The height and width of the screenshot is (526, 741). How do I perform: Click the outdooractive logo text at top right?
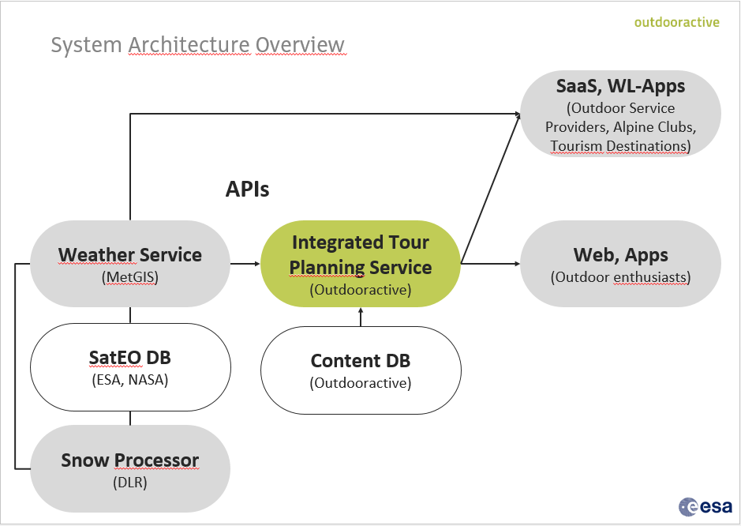[677, 22]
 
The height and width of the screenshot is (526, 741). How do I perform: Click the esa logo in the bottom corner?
[705, 506]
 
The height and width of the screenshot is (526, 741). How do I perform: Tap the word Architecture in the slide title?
[189, 45]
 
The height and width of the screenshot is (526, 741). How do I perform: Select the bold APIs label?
[247, 190]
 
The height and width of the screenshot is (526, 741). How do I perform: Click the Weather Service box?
[130, 264]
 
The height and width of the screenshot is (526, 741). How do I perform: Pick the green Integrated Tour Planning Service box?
[361, 264]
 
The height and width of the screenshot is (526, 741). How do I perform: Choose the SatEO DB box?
[130, 367]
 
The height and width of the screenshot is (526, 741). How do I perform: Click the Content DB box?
[361, 370]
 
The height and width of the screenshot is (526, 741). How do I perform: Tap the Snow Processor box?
[130, 469]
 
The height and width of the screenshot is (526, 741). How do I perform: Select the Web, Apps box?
[620, 264]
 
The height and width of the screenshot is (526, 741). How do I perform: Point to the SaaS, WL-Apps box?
[620, 114]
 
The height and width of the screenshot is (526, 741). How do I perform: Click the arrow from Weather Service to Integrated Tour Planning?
[245, 264]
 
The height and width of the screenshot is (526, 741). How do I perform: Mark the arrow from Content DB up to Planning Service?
[361, 317]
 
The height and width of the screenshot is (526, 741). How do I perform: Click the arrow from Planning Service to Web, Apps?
[491, 264]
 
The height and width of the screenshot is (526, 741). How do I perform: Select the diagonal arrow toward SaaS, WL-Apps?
[491, 188]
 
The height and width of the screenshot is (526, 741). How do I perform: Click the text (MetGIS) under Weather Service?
[130, 276]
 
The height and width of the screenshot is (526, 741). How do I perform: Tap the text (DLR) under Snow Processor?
[130, 482]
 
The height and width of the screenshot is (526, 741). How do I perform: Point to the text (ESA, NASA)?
[130, 380]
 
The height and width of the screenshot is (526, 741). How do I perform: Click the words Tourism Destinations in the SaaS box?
[618, 145]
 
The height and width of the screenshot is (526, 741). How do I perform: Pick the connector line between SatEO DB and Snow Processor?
[130, 418]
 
